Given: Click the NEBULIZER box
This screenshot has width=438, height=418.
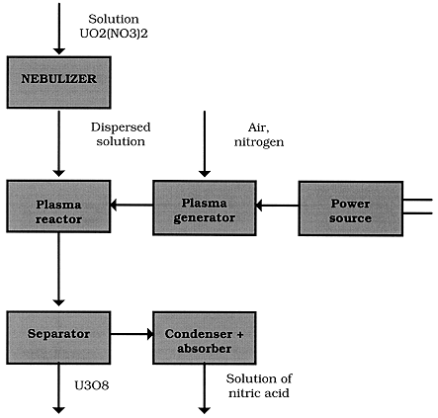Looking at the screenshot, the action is (x=58, y=82).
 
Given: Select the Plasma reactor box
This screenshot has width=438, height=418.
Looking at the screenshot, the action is (x=58, y=207).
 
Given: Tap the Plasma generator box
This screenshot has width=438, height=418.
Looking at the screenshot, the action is (x=205, y=208).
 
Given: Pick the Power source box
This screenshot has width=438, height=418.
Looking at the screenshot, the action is (x=351, y=209).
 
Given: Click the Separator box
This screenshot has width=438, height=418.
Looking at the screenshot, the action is (x=58, y=338).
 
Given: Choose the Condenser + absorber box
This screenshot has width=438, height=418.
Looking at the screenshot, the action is (x=205, y=338).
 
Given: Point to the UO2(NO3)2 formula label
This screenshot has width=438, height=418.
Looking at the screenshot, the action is (x=114, y=34).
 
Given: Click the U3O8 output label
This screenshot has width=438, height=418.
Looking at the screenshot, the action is (x=92, y=385).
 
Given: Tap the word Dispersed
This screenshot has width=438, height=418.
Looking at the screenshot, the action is (x=121, y=127).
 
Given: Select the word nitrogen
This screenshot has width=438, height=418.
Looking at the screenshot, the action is (x=259, y=142).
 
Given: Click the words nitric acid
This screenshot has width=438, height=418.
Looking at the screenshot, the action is (x=259, y=393).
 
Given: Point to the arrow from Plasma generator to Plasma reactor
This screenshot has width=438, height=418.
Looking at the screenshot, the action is (x=131, y=205).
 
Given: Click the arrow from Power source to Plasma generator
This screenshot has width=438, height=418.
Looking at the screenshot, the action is (x=277, y=206).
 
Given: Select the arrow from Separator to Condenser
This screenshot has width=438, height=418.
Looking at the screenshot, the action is (x=131, y=334).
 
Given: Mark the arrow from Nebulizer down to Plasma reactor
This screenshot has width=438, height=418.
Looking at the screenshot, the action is (x=59, y=143).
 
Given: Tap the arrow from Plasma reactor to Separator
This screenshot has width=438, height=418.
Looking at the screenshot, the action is (x=59, y=269).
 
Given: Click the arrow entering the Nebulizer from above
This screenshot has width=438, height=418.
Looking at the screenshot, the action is (x=59, y=29).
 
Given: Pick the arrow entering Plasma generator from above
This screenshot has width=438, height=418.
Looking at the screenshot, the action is (x=205, y=143).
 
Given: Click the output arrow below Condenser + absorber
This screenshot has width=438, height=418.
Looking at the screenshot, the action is (x=205, y=388).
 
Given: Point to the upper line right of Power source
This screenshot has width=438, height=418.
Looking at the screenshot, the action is (x=417, y=200).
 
